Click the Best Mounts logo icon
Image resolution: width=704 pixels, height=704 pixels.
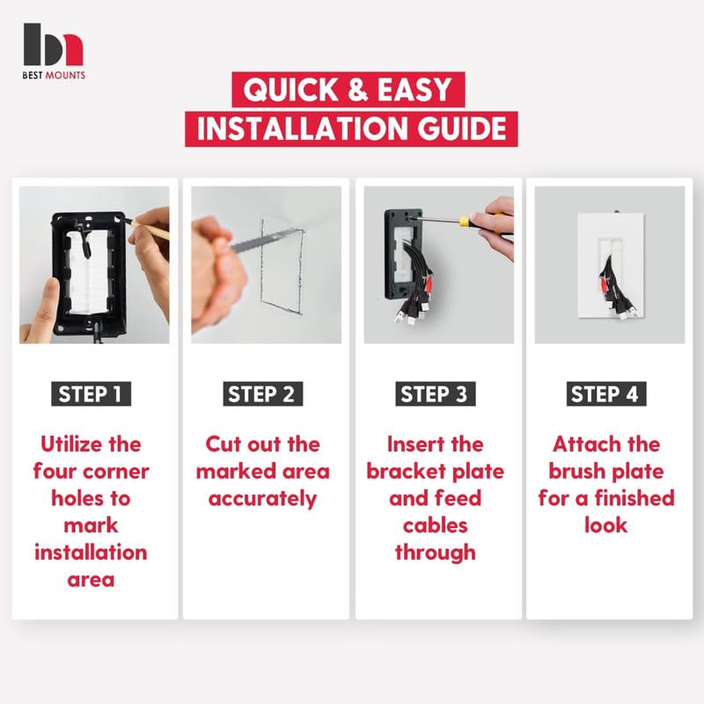pos(53,45)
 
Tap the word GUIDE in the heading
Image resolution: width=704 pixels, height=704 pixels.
pos(462,128)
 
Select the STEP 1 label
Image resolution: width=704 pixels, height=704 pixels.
pos(91,393)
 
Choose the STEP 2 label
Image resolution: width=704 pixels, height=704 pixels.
pos(262,393)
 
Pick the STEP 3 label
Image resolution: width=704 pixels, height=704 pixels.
pos(435,393)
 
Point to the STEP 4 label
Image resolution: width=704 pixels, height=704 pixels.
pos(606,393)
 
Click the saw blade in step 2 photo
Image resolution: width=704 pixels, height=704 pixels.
pos(268,240)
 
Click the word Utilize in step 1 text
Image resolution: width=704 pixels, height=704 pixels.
pos(72,444)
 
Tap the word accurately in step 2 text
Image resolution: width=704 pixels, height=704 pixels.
pos(262,499)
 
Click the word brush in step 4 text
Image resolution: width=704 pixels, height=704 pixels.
pos(576,472)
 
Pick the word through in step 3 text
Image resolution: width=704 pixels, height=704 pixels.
pos(435,554)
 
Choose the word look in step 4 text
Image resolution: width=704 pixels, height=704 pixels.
pos(606,525)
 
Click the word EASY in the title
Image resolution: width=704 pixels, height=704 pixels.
pos(414,90)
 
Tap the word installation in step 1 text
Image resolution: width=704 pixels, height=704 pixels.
pos(91,553)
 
